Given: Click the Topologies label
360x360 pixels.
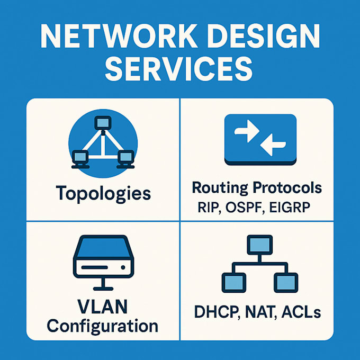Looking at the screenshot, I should (103, 193).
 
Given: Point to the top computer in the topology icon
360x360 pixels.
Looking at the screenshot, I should (103, 123).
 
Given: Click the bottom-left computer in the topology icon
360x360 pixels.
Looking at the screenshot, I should (80, 156).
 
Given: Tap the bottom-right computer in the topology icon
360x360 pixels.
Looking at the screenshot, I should (125, 156).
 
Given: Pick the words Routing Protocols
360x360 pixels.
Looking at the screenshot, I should (257, 187).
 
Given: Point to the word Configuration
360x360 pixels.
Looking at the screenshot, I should (103, 325).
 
